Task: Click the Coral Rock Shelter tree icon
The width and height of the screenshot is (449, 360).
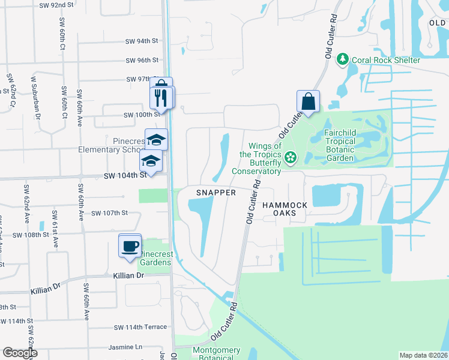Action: [x=343, y=59]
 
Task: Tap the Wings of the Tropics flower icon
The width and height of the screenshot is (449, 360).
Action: [x=291, y=158]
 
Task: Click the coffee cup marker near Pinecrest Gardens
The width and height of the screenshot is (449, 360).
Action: [x=130, y=245]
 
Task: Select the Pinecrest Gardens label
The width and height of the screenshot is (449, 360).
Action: [x=157, y=258]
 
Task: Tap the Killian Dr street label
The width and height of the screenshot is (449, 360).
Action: [x=128, y=275]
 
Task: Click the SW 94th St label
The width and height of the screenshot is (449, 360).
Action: [x=142, y=41]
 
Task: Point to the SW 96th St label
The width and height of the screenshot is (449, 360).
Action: [x=142, y=61]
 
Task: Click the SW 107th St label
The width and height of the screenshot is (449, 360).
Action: [x=110, y=213]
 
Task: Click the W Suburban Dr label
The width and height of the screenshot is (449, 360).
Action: [x=35, y=98]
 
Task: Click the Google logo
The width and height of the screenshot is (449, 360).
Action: [x=20, y=353]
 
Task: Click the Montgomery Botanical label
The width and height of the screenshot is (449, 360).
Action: [x=216, y=354]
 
